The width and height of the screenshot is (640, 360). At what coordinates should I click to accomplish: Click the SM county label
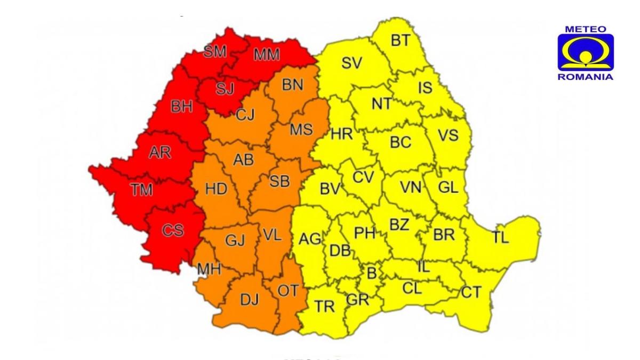click(215, 51)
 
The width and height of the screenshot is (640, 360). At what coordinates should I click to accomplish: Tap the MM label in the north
click(267, 54)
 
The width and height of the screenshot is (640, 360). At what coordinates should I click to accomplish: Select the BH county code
click(181, 107)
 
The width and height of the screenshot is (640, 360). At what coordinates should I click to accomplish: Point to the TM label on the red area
click(142, 189)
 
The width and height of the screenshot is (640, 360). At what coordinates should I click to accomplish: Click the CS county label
click(173, 230)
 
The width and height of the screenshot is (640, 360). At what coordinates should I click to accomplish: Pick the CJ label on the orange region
click(245, 114)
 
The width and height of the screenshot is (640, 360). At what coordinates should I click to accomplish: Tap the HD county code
click(216, 188)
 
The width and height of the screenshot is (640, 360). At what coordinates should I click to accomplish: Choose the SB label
click(279, 181)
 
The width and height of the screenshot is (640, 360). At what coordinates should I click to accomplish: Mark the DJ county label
click(249, 300)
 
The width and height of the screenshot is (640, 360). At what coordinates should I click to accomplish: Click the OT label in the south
click(289, 291)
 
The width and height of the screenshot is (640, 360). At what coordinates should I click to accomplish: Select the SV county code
click(351, 63)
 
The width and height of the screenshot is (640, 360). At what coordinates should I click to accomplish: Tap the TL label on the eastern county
click(500, 238)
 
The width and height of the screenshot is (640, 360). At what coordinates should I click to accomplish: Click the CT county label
click(470, 292)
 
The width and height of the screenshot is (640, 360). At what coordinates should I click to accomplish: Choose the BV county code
click(330, 189)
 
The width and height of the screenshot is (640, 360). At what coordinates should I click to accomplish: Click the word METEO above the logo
click(585, 29)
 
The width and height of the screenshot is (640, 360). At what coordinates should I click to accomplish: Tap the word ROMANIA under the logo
click(585, 77)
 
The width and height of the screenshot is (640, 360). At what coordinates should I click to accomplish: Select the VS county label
click(448, 135)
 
